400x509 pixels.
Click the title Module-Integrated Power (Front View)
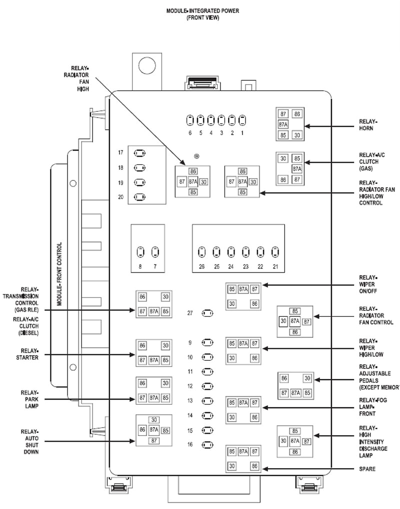point(202,14)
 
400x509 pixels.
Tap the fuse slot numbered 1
point(242,120)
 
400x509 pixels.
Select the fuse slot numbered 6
point(190,120)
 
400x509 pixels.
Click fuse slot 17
point(140,153)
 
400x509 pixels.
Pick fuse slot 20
point(140,197)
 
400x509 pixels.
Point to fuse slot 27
point(207,313)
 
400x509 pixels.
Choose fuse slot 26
point(201,252)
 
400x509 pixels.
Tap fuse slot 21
point(275,252)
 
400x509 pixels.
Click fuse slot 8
point(140,252)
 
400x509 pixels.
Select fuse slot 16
point(207,445)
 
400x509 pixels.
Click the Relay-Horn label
point(368,125)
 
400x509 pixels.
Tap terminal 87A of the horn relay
point(283,124)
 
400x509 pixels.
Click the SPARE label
point(367,469)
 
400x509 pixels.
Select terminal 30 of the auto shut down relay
point(154,420)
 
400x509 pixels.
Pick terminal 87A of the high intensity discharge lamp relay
point(295,441)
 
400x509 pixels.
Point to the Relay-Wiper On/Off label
point(368,284)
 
